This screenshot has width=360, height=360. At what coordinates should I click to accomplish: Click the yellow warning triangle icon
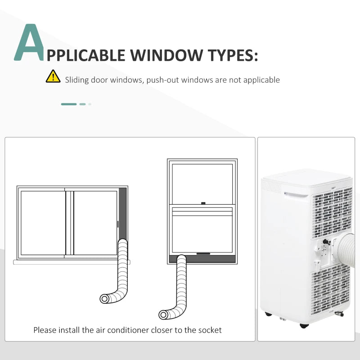pos(53,76)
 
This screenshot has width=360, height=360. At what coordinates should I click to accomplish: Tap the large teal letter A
pos(29,43)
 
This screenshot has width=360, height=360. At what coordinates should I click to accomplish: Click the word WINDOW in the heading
pos(166,55)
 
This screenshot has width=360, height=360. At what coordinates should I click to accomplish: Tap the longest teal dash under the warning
pos(69,104)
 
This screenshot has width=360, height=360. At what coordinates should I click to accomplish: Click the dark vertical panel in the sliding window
pos(122,213)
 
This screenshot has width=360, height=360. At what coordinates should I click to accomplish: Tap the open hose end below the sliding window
pos(104,299)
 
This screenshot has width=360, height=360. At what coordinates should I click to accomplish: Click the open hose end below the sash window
pos(163,315)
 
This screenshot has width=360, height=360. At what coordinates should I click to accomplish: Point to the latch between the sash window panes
pos(203,203)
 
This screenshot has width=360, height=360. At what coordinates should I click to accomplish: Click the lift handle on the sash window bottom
pos(203,254)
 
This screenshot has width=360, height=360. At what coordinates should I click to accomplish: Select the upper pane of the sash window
pos(202,183)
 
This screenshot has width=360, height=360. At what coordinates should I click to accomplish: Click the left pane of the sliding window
pos(43,223)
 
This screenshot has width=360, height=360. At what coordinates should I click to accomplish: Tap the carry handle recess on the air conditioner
pos(296,195)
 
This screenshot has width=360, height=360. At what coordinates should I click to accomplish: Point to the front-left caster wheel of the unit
pos(268,314)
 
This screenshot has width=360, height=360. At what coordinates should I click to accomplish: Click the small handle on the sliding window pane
pos(118,224)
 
